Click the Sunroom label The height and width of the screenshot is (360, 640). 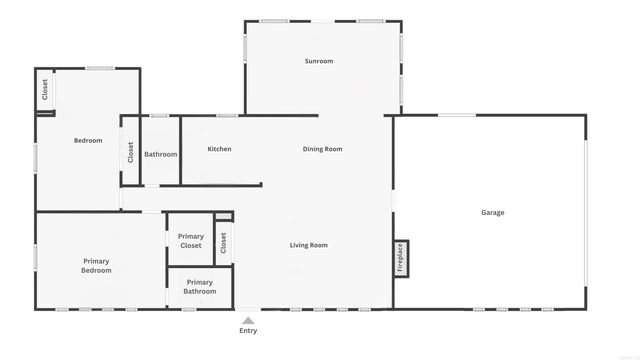point(319,61)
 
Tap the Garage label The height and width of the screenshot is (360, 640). point(492,212)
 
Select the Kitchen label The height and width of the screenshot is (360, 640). point(219,149)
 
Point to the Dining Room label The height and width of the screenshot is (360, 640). point(322,149)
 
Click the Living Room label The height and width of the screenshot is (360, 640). point(309,245)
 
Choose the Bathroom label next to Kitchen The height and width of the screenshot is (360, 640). point(160,154)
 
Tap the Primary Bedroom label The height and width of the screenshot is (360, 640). point(96,266)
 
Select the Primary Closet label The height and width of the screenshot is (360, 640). point(190,241)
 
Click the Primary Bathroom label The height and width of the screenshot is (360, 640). point(199,287)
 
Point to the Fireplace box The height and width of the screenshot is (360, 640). point(401,257)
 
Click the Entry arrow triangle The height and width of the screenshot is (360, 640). point(247,320)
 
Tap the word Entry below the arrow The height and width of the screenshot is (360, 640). point(247,331)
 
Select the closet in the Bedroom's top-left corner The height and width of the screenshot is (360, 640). point(45,90)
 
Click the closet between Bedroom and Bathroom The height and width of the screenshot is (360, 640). point(130,152)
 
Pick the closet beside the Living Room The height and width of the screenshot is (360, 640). point(223,241)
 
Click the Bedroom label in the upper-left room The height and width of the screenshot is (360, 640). point(88,140)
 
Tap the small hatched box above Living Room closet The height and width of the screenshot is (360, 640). point(223,215)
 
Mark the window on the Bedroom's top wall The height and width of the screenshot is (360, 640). point(98,68)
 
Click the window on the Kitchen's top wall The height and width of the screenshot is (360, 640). point(227,115)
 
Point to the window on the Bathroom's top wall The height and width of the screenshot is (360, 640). point(159,115)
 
